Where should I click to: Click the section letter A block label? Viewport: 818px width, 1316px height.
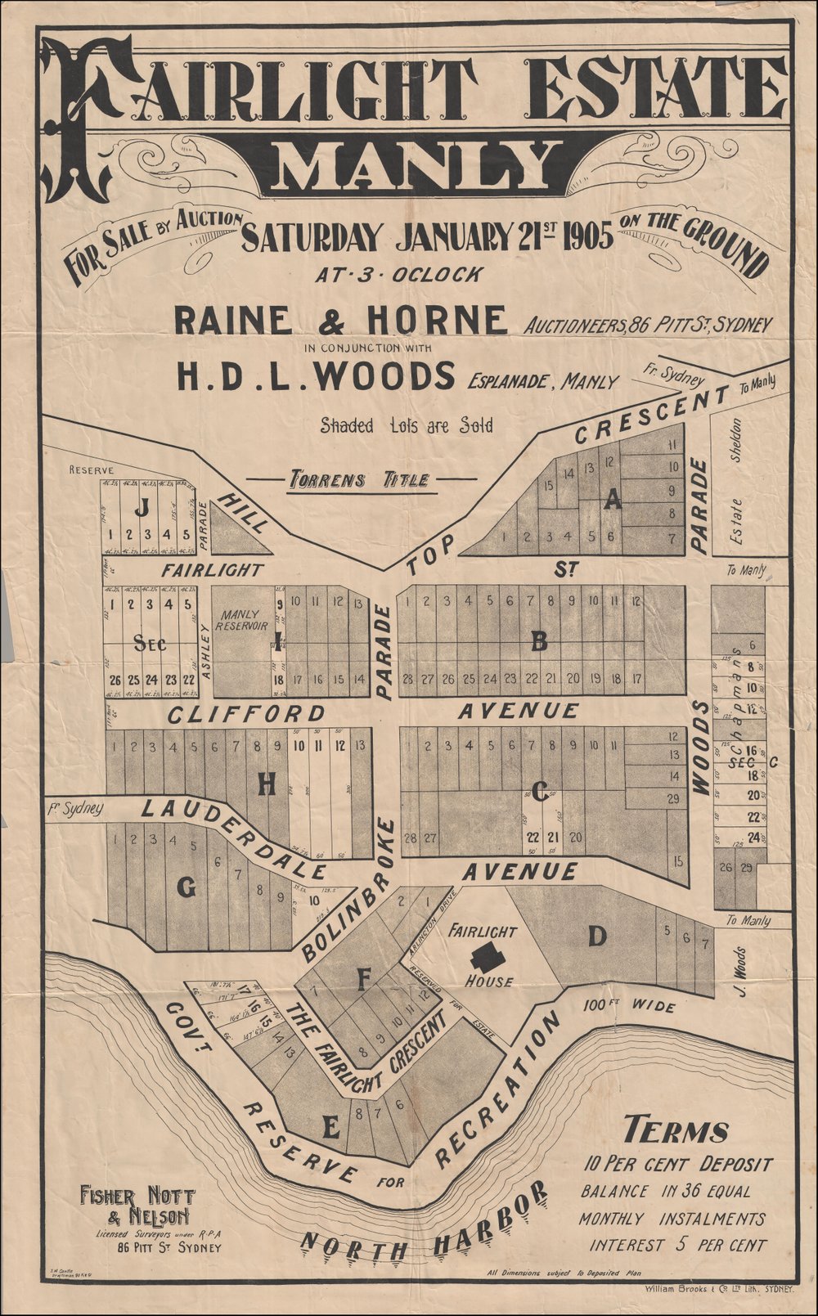[612, 502]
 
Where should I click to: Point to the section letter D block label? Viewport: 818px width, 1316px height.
[597, 936]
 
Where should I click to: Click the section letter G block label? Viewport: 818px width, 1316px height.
[187, 887]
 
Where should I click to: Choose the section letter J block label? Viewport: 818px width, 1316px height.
[142, 508]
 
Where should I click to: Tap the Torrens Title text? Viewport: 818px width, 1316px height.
[361, 479]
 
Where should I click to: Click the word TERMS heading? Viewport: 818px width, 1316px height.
[676, 1131]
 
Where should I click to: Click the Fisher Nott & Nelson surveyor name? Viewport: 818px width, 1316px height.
[137, 1206]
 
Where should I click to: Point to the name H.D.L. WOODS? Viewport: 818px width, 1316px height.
[315, 376]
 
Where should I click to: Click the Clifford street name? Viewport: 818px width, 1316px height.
[246, 715]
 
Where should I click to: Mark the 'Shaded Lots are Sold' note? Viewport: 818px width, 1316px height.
[407, 425]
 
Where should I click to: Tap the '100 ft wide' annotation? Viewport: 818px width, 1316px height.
[630, 1005]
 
